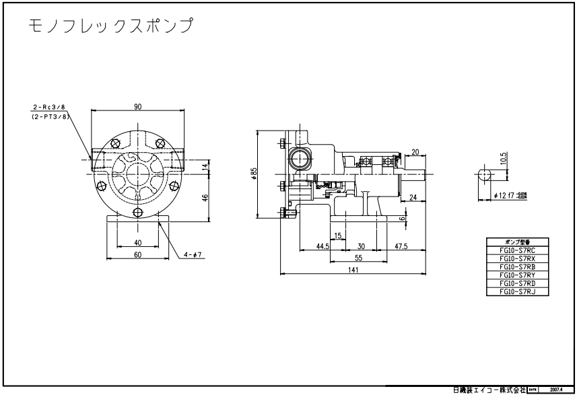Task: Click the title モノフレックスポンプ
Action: coord(112,27)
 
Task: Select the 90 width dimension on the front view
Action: coord(137,106)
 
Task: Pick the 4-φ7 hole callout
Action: coord(191,254)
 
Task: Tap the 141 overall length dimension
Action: coord(353,270)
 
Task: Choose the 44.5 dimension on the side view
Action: coord(323,246)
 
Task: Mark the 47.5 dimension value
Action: coord(401,246)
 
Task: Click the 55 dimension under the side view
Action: coord(359,258)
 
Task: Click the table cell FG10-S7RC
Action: coord(517,250)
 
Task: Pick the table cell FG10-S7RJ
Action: coord(517,291)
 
